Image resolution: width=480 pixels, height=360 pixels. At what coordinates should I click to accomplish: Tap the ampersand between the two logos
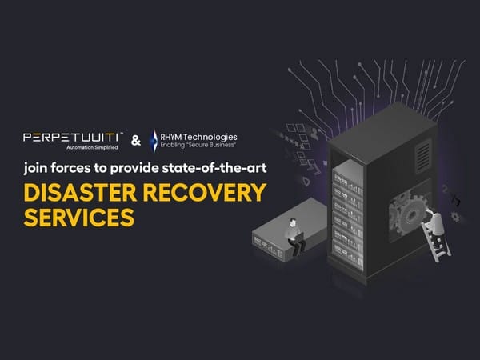135,141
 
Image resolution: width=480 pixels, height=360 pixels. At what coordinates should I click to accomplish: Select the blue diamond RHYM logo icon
154,141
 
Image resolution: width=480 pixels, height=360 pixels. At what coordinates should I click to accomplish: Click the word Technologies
213,136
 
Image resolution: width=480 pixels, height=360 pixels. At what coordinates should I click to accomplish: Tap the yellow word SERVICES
78,216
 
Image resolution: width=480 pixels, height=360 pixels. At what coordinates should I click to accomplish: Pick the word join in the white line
36,169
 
